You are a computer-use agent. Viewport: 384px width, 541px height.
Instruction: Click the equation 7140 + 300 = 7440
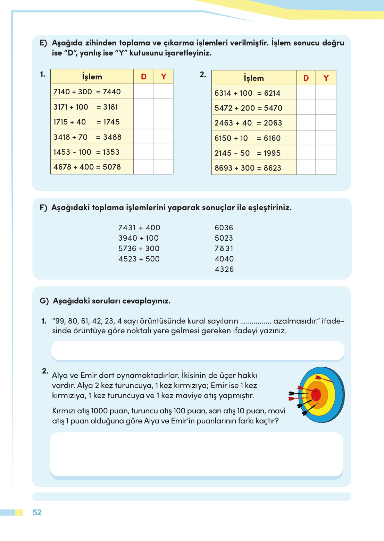87,92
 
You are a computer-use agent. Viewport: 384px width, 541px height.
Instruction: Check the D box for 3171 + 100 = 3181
144,107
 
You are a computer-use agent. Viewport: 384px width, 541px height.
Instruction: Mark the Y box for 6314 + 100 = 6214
326,93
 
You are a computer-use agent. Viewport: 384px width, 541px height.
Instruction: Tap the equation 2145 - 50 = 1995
247,153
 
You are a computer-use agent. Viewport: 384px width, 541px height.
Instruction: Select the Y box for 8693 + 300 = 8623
326,168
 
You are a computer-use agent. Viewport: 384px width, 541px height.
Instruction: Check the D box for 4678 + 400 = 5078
144,167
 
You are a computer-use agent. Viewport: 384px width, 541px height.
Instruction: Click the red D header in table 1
144,77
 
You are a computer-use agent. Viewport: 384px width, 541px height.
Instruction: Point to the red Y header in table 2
326,78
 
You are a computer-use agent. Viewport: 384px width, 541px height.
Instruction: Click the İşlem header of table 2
253,78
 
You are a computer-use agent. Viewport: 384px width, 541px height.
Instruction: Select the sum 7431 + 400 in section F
139,228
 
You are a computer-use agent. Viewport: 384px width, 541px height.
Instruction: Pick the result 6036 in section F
224,228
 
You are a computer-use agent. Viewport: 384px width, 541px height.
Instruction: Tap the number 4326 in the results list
224,269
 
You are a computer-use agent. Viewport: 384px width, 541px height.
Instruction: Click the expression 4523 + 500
139,259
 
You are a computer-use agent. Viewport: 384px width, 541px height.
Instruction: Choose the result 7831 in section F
224,249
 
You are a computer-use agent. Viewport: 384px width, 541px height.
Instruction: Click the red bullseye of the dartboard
316,395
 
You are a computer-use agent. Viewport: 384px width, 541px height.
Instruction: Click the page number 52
37,513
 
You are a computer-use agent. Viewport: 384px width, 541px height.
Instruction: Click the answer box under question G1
198,351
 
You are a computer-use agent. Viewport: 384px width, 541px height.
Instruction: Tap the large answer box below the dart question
197,454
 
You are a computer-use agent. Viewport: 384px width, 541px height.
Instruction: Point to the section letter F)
43,208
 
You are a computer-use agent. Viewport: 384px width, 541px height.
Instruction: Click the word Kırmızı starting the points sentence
64,411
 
